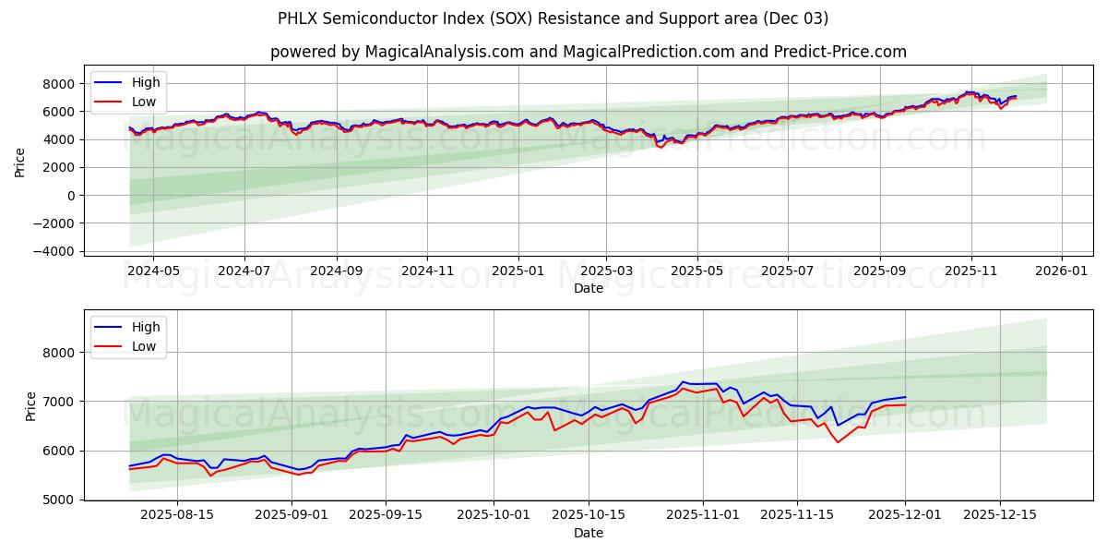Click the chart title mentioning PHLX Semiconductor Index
point(553,18)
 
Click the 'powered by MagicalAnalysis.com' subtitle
point(588,52)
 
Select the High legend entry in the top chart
point(145,83)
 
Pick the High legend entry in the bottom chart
point(145,327)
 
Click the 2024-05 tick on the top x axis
point(152,272)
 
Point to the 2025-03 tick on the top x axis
point(606,272)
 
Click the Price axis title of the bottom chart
point(30,405)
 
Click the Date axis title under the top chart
point(588,288)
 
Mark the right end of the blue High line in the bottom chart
point(905,397)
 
